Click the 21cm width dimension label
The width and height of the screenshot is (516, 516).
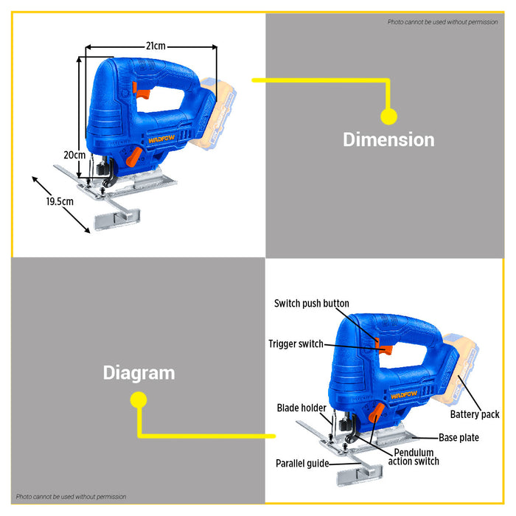point(156,46)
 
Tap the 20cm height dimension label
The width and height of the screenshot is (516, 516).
point(74,155)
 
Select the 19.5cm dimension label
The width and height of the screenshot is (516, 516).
point(60,201)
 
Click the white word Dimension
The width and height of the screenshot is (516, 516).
point(388,139)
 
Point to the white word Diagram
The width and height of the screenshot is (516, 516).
point(139,373)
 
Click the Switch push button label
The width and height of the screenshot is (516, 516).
point(312,303)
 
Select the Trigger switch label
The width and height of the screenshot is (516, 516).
point(296,344)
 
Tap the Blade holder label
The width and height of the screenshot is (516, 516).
point(301,408)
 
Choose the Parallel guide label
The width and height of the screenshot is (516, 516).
point(302,464)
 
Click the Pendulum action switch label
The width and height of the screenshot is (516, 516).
point(414,457)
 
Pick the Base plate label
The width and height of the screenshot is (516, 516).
point(459,438)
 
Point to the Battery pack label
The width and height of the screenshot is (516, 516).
point(475,414)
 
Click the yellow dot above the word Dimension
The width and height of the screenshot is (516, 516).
point(388,116)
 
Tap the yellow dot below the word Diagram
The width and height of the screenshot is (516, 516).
point(139,400)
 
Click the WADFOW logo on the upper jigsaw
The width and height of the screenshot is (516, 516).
point(161,139)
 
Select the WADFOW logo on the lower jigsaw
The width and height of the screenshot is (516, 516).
point(404,394)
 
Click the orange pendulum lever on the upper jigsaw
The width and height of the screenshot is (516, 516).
point(134,156)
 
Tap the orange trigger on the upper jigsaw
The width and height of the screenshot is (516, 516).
point(143,94)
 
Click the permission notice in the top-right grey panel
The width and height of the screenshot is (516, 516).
point(442,22)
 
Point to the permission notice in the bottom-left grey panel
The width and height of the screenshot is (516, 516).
point(71,497)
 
